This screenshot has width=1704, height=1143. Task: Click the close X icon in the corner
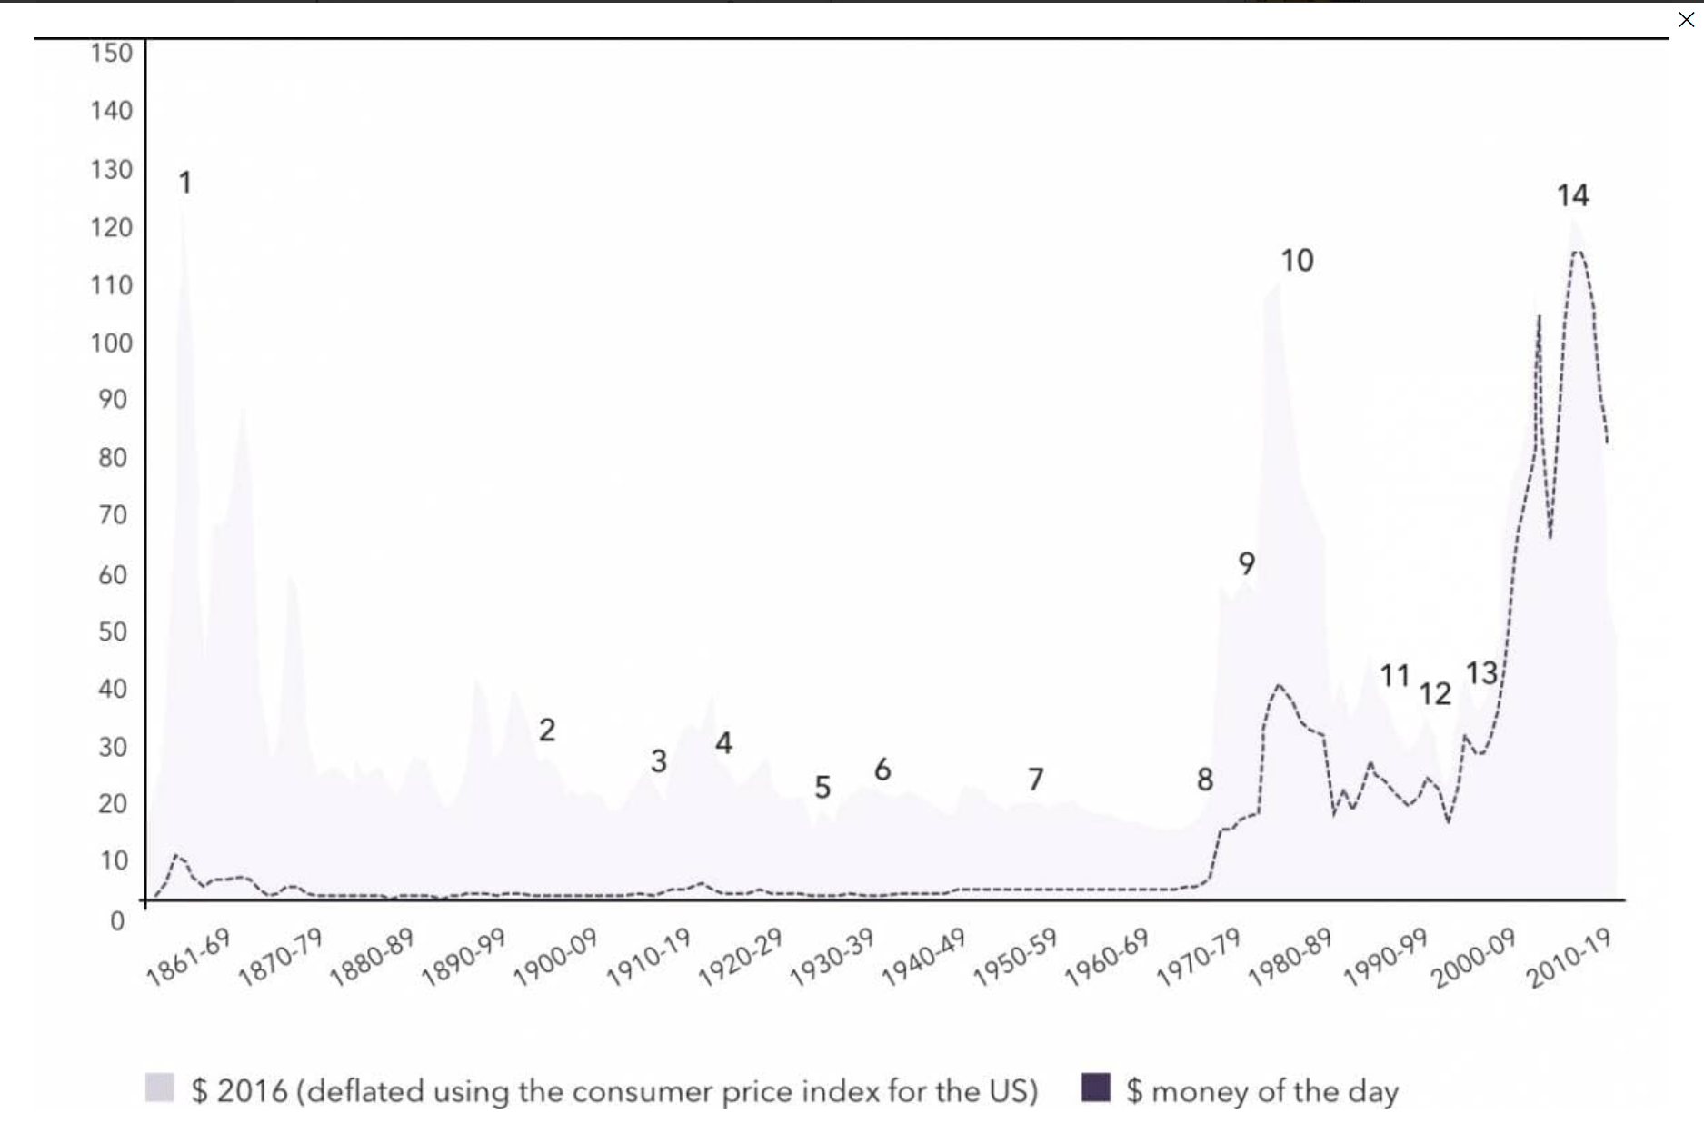(1686, 18)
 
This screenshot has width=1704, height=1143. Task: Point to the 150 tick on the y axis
(111, 53)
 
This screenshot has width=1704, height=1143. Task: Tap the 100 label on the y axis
(111, 343)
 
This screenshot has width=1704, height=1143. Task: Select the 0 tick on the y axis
(117, 920)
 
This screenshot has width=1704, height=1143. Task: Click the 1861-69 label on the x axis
(189, 958)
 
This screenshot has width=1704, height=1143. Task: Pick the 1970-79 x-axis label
(1198, 958)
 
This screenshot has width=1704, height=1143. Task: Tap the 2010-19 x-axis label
(1569, 958)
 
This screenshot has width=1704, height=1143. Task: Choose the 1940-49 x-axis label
(922, 958)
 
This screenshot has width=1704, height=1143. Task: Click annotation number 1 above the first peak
(185, 183)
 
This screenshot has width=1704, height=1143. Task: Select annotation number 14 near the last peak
(1572, 195)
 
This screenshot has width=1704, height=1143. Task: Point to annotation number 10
(1297, 261)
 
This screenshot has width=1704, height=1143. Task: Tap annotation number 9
(1247, 563)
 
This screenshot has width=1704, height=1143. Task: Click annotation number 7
(1036, 779)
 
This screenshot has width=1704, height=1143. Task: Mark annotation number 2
(546, 730)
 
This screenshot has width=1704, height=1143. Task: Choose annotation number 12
(1435, 694)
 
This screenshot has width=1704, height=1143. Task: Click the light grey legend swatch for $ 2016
(159, 1088)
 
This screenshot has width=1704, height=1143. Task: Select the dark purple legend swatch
(1096, 1088)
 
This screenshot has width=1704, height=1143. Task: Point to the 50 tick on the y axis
(113, 631)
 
